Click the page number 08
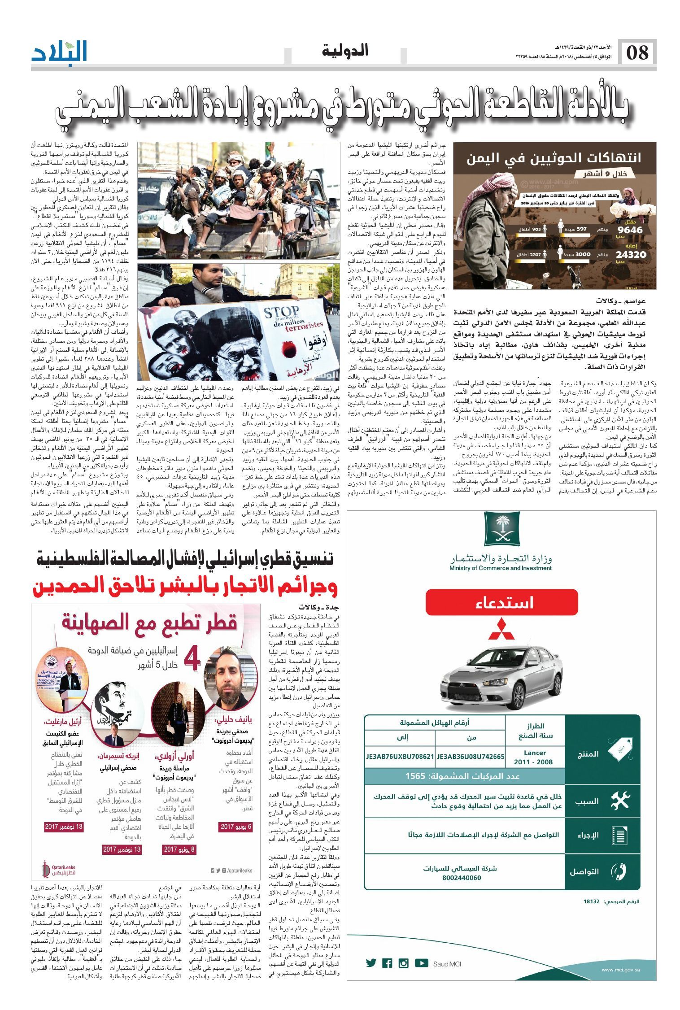point(637,53)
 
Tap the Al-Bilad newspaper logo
point(60,52)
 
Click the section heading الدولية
point(345,51)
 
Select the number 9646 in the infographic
point(630,230)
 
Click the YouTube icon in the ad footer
point(421,963)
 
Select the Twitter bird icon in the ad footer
point(371,963)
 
